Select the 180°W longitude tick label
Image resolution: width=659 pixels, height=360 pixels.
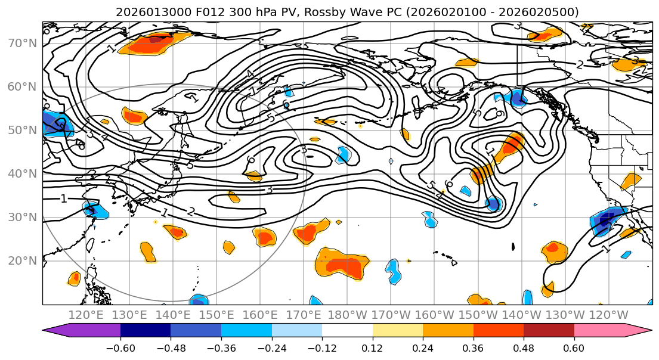(x=347, y=315)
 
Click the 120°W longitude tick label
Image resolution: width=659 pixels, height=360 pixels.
(x=608, y=315)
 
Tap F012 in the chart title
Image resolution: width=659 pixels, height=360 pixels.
(x=211, y=12)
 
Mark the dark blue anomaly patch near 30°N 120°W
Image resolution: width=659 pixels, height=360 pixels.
(x=607, y=221)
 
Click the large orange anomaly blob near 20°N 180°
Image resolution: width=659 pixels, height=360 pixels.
(x=341, y=265)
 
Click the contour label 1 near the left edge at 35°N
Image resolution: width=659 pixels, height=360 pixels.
(x=63, y=198)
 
